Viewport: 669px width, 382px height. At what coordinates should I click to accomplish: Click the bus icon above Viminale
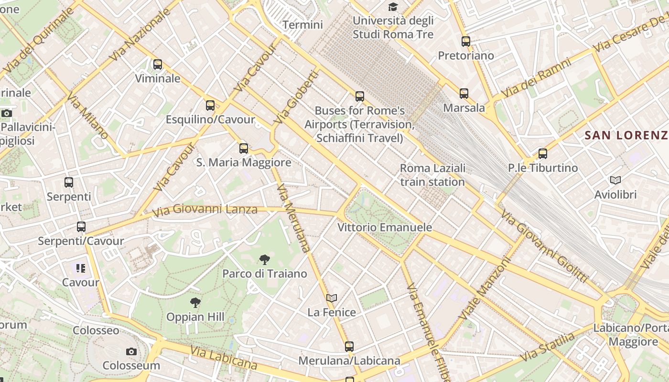tap(158, 64)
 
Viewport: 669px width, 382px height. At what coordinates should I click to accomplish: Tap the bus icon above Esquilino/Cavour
tap(210, 106)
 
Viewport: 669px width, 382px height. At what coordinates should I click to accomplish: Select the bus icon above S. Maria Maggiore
tap(244, 149)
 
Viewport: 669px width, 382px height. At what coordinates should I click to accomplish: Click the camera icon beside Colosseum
tap(131, 352)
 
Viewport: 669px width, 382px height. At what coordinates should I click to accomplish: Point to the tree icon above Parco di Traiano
tap(264, 260)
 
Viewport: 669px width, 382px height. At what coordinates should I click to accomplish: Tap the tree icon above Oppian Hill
tap(195, 302)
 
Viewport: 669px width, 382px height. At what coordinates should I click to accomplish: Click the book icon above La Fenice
tap(332, 298)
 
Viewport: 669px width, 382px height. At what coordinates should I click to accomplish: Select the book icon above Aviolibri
tap(615, 180)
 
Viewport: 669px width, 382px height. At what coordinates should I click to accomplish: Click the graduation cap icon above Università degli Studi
tap(393, 7)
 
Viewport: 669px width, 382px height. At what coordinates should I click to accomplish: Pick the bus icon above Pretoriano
tap(466, 42)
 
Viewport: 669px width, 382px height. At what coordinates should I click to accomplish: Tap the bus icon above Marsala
tap(464, 94)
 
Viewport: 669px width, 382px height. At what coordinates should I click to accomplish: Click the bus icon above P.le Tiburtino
tap(543, 154)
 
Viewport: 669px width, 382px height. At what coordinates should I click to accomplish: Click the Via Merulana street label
tap(294, 218)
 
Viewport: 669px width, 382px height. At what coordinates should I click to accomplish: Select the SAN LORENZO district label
tap(626, 135)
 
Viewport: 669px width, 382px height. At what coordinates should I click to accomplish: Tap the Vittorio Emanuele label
tap(385, 227)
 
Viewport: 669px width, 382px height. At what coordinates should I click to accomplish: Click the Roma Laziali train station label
tap(432, 175)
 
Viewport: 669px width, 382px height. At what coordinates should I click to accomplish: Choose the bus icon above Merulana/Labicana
tap(349, 347)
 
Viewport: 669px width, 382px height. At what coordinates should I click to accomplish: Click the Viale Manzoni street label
tap(485, 289)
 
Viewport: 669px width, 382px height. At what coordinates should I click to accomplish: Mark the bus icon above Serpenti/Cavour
tap(81, 227)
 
